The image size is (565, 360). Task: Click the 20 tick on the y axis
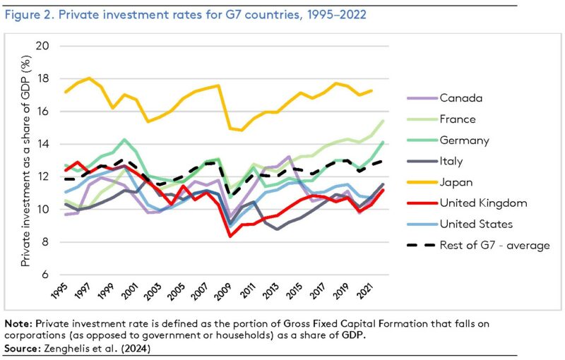pyautogui.click(x=49, y=47)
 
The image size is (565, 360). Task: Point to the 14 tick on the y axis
pyautogui.click(x=49, y=144)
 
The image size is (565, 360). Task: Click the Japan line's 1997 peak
pyautogui.click(x=89, y=78)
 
